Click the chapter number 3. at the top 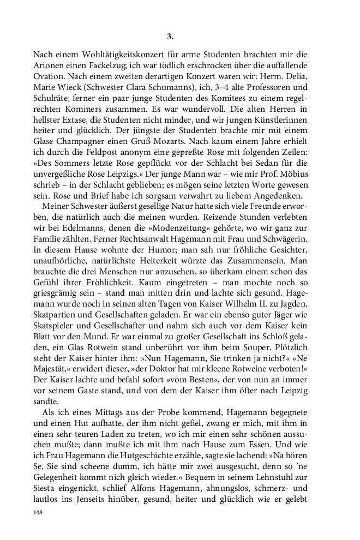pos(170,37)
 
